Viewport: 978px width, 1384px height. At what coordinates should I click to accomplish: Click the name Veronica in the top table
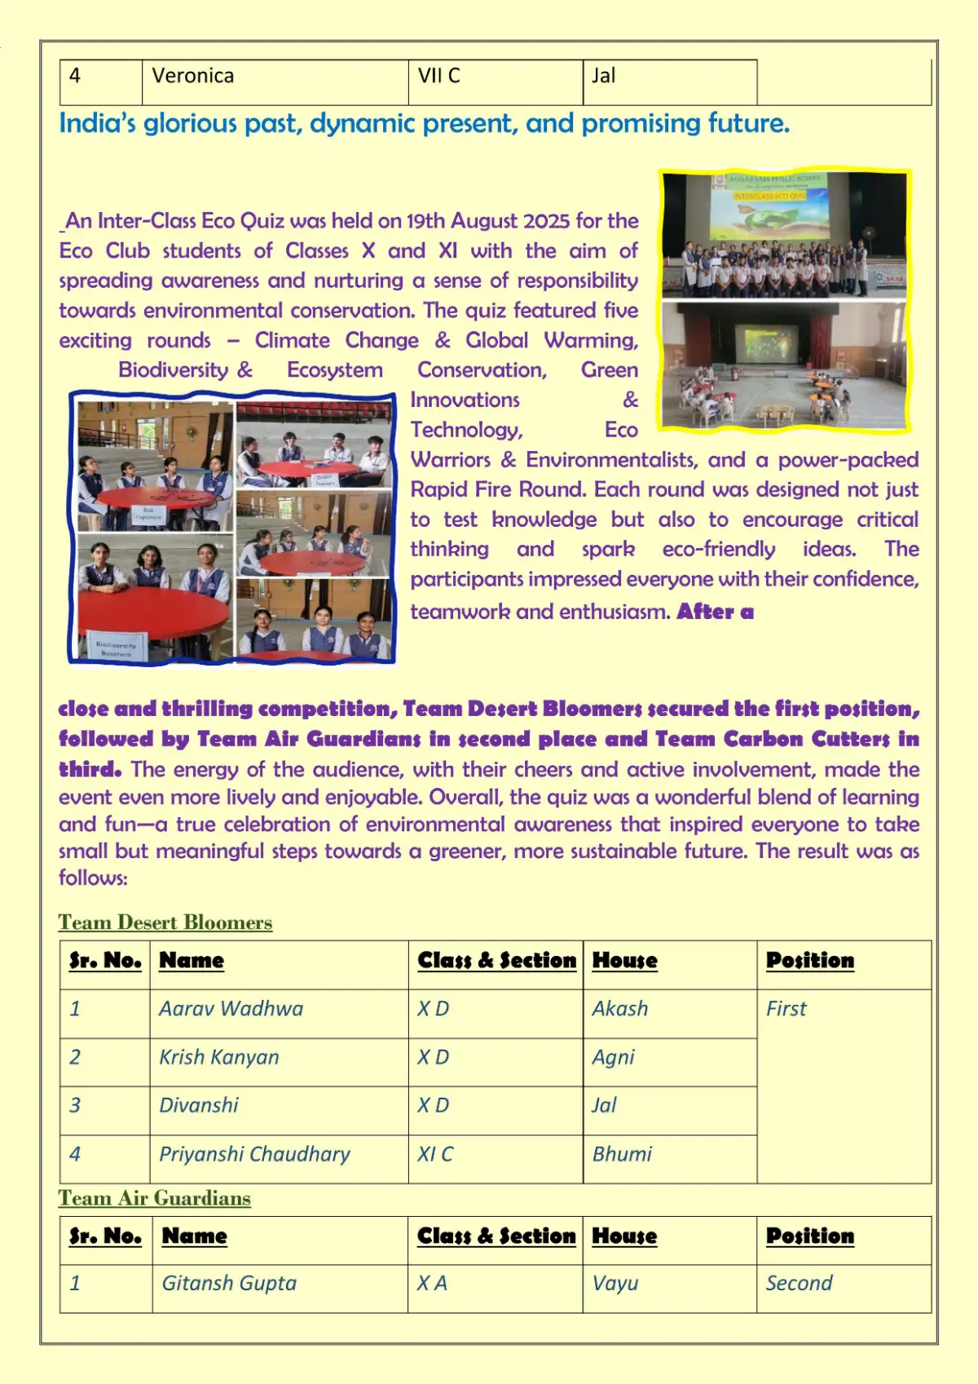(193, 77)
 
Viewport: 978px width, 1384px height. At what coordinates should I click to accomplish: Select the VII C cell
(439, 77)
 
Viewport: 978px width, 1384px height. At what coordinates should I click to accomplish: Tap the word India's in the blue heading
(97, 124)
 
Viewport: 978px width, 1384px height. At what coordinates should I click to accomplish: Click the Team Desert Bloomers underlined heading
(165, 922)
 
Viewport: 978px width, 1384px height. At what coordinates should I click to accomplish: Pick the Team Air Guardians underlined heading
(154, 1198)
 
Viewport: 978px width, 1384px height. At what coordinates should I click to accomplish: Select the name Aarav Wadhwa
(231, 1009)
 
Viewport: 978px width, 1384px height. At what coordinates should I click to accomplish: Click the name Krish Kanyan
(218, 1058)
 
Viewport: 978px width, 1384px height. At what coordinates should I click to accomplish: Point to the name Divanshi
(199, 1106)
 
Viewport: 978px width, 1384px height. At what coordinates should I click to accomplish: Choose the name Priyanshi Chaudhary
(254, 1154)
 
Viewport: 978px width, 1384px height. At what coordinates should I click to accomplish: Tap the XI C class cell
(435, 1154)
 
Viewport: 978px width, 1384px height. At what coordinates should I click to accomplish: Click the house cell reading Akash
(620, 1009)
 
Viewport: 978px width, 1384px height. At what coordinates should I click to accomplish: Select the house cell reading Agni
(613, 1058)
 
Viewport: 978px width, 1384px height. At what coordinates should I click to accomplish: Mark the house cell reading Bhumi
(622, 1154)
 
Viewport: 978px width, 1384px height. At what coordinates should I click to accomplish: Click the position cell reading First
(786, 1009)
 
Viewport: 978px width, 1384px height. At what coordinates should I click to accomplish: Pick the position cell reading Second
(799, 1284)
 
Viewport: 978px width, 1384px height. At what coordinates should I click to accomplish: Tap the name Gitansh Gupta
(229, 1284)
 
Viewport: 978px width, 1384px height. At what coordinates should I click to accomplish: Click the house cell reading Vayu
(615, 1284)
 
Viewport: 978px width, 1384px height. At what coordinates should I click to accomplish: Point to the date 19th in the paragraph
(426, 221)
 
